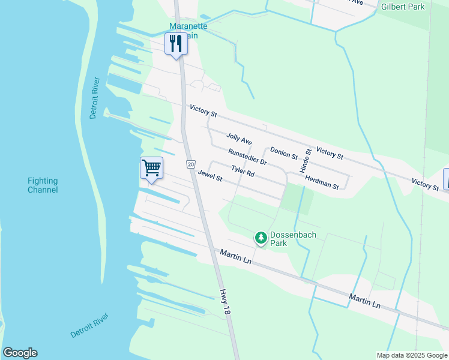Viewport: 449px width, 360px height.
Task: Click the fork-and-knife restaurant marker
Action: tap(176, 44)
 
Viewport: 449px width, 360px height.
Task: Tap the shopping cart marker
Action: tap(151, 168)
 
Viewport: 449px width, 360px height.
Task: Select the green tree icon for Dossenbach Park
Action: tap(261, 238)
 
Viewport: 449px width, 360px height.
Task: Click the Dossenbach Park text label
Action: tap(286, 239)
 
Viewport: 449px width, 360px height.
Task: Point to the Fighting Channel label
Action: tap(43, 185)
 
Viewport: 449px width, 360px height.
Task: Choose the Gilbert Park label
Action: tap(403, 7)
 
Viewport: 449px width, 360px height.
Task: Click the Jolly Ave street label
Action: tap(239, 139)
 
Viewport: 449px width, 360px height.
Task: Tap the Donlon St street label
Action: tap(284, 153)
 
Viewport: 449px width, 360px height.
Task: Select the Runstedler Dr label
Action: tap(247, 157)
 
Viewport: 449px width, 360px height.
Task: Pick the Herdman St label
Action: tap(322, 182)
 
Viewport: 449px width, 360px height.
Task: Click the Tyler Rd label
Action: tap(243, 172)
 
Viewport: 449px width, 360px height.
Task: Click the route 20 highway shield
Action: tap(190, 164)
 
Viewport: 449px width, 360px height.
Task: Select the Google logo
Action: tap(20, 353)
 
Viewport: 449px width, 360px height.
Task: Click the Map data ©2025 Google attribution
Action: tap(411, 355)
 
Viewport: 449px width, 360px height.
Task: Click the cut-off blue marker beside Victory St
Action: tap(446, 179)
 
